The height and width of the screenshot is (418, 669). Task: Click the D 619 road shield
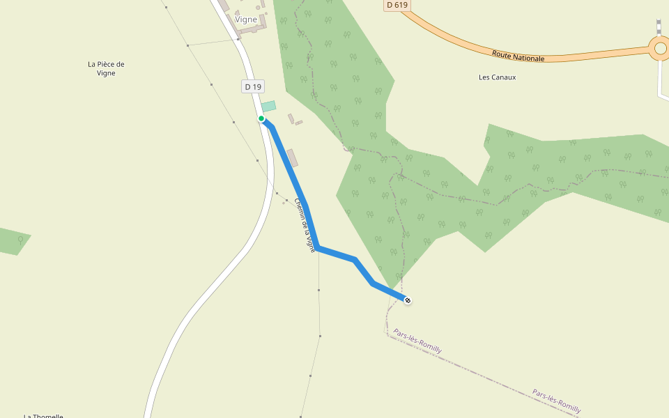tap(397, 5)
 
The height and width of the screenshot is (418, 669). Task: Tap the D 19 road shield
tap(253, 86)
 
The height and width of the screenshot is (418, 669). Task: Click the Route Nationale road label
tap(518, 56)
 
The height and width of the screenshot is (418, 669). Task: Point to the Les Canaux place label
tap(498, 77)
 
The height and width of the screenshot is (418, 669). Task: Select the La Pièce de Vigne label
tap(106, 68)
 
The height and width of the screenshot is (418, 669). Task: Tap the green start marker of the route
tap(261, 118)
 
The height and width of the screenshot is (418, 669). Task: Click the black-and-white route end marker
tap(408, 300)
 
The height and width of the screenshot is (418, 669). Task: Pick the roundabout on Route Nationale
tap(660, 49)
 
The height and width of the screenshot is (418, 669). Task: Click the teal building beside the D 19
tap(269, 107)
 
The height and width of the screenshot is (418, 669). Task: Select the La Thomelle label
tap(43, 415)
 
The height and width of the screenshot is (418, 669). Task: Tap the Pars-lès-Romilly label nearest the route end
tap(417, 341)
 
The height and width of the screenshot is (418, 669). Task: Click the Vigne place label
tap(246, 20)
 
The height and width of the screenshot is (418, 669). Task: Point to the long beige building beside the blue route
tap(293, 158)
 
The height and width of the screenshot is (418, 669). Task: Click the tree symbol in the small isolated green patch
tap(20, 240)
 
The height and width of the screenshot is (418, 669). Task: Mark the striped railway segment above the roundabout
tap(659, 26)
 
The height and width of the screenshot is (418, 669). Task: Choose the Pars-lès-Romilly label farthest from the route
tap(556, 401)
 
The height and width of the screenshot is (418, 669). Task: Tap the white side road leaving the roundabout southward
tap(660, 80)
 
